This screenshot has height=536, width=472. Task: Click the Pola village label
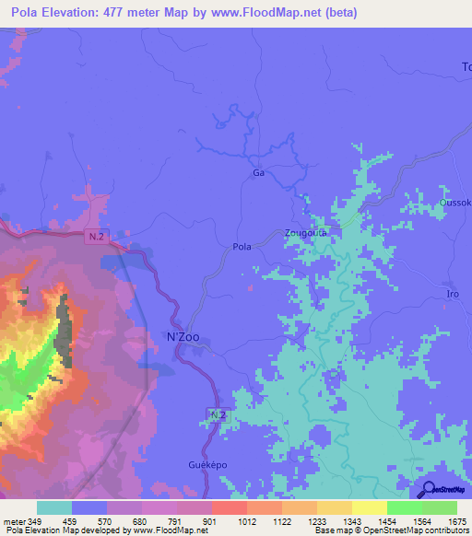[x=242, y=246]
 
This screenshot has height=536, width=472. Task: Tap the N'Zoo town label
[x=182, y=338]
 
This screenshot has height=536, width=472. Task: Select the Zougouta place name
[x=306, y=233]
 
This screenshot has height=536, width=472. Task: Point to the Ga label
[x=258, y=172]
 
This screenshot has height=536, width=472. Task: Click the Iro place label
[x=453, y=294]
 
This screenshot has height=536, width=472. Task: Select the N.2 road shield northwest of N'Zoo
[x=97, y=237]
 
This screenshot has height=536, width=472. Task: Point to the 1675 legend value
[x=456, y=522]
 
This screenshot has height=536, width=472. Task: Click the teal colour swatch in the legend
[x=54, y=507]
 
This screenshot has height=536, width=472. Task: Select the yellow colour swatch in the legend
[x=370, y=507]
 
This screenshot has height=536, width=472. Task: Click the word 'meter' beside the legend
[x=15, y=522]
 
